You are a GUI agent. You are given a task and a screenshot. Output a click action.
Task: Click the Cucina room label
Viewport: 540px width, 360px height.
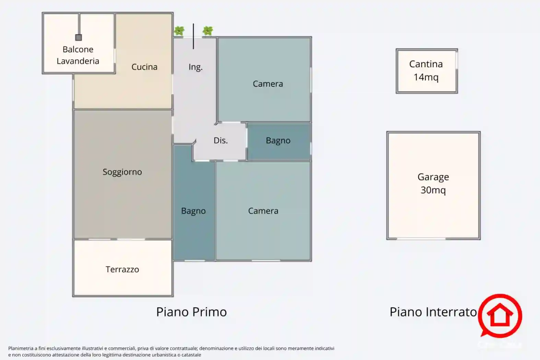point(144,67)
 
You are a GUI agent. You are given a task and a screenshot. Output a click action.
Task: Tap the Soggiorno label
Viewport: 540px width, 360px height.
point(122,172)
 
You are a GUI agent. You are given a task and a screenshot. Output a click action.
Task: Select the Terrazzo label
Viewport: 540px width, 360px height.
point(122,269)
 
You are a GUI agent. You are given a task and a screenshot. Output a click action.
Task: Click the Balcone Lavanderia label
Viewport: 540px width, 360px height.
point(78,55)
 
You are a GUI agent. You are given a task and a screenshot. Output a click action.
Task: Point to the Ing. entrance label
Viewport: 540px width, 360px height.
point(196,67)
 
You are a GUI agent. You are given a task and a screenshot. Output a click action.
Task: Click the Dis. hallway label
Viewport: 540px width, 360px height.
point(221,141)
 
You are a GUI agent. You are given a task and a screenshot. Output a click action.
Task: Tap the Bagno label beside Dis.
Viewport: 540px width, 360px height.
point(278,141)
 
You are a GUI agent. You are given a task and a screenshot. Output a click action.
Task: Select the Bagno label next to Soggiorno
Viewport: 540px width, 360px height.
point(193,211)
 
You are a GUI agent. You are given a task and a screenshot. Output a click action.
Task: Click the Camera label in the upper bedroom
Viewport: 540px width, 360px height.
point(268,84)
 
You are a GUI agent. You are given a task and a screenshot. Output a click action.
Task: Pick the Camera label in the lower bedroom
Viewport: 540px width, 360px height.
point(263,211)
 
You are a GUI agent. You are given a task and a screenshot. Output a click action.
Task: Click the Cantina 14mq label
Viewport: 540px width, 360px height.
point(426,71)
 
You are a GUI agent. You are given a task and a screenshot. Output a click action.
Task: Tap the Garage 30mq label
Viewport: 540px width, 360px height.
point(433,184)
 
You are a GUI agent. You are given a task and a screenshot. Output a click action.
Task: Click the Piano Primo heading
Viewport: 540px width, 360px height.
point(191,312)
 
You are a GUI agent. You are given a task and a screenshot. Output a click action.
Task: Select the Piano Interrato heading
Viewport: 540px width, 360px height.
point(433,312)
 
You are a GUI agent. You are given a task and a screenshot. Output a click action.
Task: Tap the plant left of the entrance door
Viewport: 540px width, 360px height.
point(179,31)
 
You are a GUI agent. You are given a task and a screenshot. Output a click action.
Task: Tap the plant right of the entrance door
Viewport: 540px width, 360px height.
point(208,31)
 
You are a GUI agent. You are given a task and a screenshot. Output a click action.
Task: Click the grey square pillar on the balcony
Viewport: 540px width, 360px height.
point(79,37)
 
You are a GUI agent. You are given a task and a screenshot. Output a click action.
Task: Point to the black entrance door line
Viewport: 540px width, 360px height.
point(193,36)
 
